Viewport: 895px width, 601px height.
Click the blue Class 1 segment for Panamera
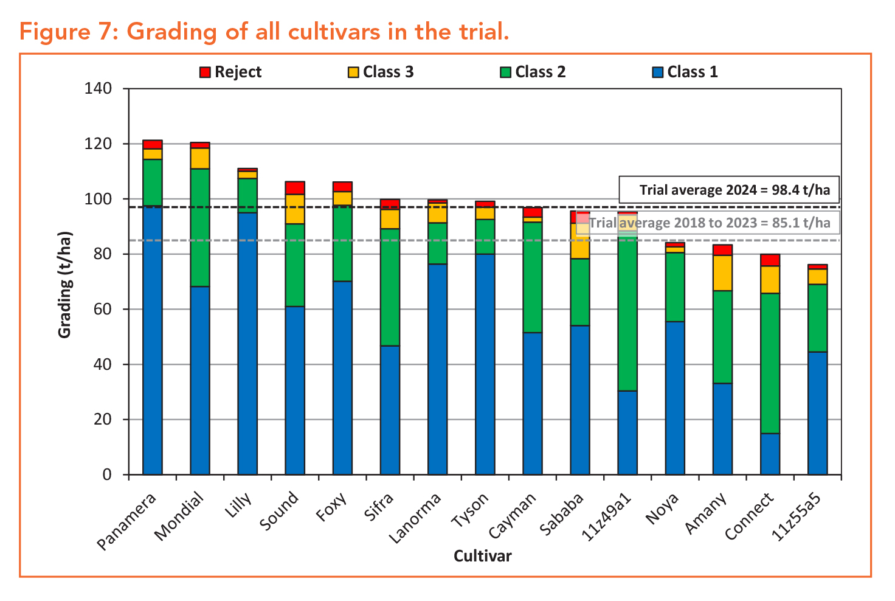click(152, 340)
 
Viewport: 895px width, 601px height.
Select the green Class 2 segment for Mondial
click(200, 228)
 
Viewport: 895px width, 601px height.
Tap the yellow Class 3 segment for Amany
click(722, 273)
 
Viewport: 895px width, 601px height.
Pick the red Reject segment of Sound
click(295, 188)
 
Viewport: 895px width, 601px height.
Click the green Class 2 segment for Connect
click(770, 364)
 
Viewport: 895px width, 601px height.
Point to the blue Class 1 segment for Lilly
click(247, 344)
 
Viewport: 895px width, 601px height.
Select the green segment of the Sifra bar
click(390, 287)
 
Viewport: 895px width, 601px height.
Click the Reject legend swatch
click(205, 72)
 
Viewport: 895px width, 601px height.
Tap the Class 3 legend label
click(388, 72)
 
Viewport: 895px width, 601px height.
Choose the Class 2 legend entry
click(533, 72)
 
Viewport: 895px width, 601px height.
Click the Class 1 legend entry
click(685, 72)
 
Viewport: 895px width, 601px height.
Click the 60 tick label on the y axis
click(102, 309)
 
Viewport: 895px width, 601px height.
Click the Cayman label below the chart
click(512, 516)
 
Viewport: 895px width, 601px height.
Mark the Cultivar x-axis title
click(483, 556)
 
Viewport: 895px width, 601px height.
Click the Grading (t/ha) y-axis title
click(64, 285)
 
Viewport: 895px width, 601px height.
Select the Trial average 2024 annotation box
click(729, 190)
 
